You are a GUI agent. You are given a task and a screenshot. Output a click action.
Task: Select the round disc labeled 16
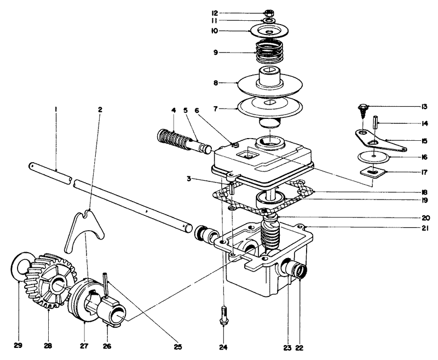373,157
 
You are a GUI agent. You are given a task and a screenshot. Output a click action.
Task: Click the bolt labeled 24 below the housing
224,316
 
